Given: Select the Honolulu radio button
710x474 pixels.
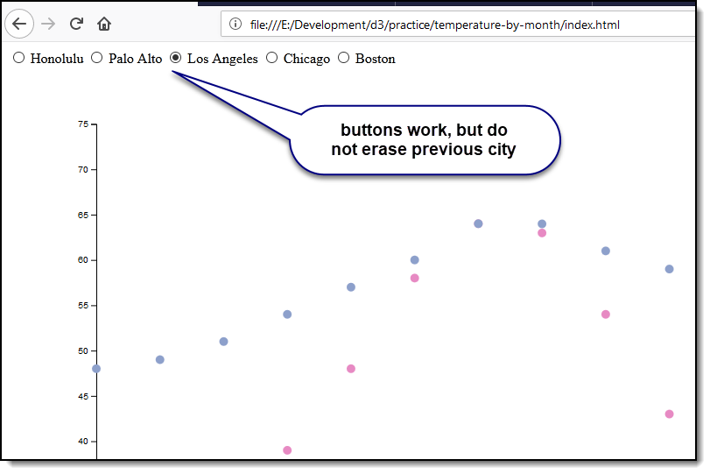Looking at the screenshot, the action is tap(18, 58).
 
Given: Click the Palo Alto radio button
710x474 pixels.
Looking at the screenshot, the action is tap(97, 58).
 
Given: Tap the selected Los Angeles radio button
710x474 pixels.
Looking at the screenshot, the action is tap(175, 58).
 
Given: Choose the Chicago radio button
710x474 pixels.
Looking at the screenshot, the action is tap(271, 58).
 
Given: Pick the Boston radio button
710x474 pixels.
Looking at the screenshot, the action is tap(344, 58).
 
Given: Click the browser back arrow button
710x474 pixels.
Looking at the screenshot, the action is tap(19, 24).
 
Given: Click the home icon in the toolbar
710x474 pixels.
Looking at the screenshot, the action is tap(104, 24).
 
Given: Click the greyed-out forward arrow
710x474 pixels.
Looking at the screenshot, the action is tap(48, 24).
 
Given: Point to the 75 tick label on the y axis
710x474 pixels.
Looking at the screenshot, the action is tap(83, 124).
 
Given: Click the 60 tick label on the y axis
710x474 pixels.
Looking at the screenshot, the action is tap(83, 260).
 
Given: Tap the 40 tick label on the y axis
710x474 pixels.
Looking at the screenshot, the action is tap(83, 442).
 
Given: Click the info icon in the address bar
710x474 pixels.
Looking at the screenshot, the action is tap(235, 24).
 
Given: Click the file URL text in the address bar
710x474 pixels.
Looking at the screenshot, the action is tap(435, 25).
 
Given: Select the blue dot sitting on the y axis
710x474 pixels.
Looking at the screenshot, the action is tap(96, 369).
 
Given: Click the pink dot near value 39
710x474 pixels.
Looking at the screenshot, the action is tap(287, 450).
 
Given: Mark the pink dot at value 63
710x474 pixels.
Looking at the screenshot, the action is tap(542, 233).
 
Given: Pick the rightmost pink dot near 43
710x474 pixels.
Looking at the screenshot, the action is tap(669, 414).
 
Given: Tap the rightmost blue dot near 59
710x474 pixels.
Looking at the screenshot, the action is tap(669, 269).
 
